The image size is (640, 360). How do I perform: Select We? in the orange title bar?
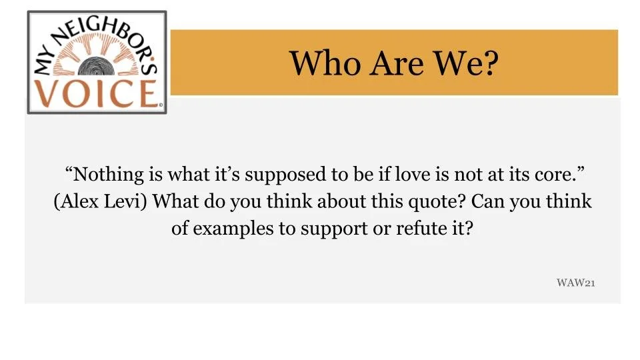click(467, 63)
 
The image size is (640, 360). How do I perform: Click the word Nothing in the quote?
click(105, 175)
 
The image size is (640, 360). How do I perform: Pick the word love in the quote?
click(413, 175)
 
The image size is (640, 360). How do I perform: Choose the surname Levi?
click(127, 201)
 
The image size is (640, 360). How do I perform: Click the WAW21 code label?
click(575, 283)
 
